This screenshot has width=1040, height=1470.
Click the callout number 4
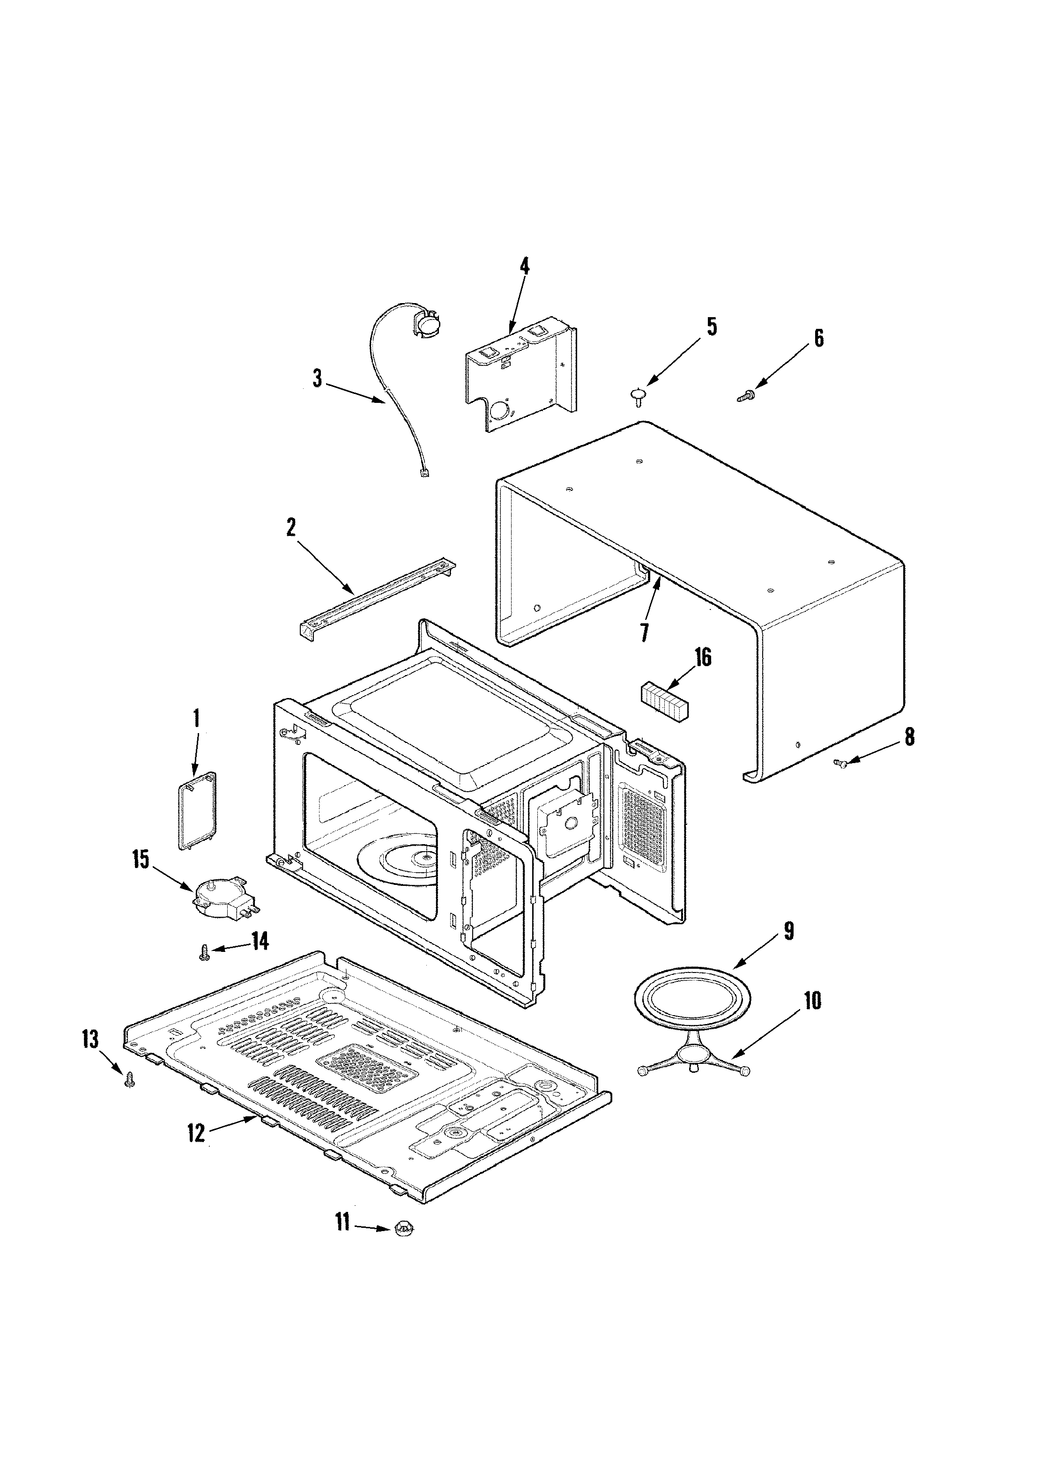(x=525, y=266)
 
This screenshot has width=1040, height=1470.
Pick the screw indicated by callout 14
(x=204, y=955)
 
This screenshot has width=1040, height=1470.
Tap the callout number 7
(x=644, y=632)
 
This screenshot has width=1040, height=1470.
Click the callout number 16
(x=703, y=658)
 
